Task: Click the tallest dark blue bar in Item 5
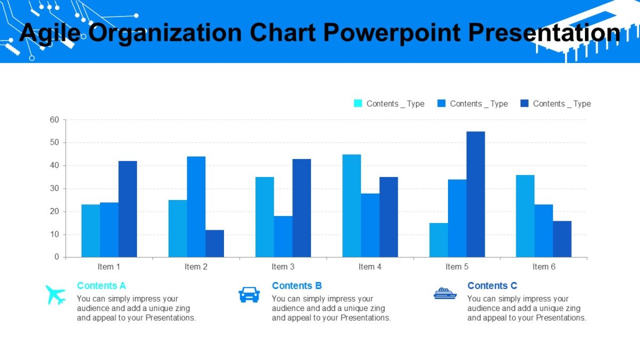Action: click(476, 194)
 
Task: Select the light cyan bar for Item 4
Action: click(351, 206)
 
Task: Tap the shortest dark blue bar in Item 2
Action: click(214, 244)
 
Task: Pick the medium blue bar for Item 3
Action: click(283, 236)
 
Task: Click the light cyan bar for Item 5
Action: click(438, 240)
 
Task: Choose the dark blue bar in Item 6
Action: click(562, 239)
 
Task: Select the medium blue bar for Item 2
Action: click(196, 207)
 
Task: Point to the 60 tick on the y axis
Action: click(54, 120)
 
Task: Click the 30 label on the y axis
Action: click(54, 189)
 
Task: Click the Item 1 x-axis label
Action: click(109, 267)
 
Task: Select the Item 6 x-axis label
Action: click(543, 267)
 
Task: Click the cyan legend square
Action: click(358, 103)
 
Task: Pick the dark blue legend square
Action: click(524, 103)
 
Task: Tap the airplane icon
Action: click(55, 294)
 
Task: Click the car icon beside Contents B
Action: click(249, 294)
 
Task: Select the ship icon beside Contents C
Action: click(445, 293)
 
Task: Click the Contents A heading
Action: click(101, 286)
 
